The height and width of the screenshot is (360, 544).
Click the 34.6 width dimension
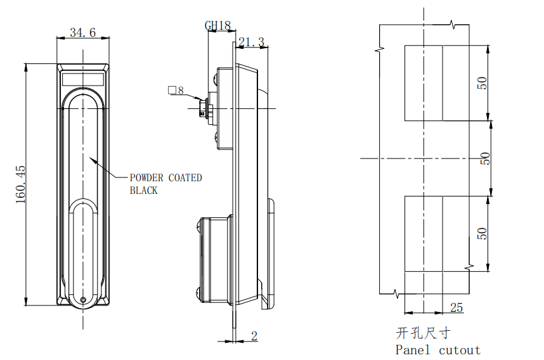[x=82, y=32]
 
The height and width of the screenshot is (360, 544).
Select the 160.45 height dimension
[x=20, y=184]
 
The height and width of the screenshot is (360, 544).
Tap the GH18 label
[x=217, y=25]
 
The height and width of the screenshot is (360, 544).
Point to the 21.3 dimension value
[x=252, y=42]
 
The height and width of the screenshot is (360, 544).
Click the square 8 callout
[x=176, y=91]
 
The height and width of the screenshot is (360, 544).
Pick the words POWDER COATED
[x=165, y=177]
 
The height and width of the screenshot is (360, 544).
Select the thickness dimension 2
[x=254, y=336]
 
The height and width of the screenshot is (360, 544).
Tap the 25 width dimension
[x=456, y=307]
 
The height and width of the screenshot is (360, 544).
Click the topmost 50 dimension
[x=482, y=83]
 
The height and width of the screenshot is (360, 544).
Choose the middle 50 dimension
[x=486, y=158]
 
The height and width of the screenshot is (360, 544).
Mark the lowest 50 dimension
[x=482, y=233]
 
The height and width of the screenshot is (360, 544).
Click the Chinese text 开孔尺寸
[x=423, y=333]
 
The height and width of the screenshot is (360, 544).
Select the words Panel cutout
[x=438, y=349]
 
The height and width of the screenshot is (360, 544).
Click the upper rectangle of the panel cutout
[x=424, y=83]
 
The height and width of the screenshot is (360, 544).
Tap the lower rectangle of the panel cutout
[x=424, y=234]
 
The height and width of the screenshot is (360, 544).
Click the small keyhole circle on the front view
[x=83, y=299]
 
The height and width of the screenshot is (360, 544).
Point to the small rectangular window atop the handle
[x=83, y=79]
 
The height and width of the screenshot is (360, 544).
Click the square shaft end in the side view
[x=204, y=108]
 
